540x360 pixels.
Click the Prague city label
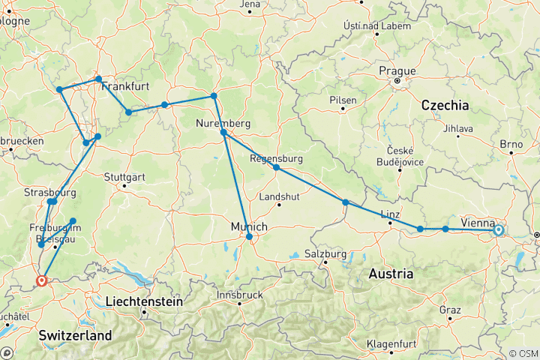[397, 70]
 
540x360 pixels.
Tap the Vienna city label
[477, 222]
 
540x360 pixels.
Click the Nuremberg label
[223, 122]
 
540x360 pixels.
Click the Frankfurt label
[125, 86]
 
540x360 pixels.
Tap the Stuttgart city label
[124, 177]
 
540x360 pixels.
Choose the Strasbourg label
[51, 192]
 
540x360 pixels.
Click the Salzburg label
[326, 254]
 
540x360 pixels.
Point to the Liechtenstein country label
[144, 301]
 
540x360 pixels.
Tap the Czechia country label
[445, 104]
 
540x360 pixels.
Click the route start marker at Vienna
[498, 230]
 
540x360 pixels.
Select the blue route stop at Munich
[249, 237]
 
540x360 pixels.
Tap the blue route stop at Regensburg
[276, 168]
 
